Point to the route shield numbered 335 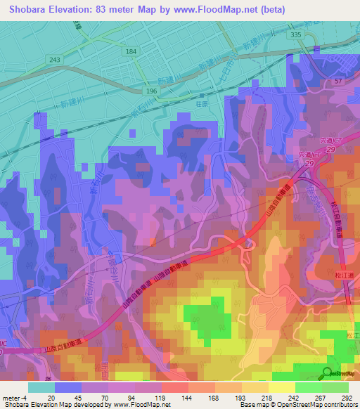(x=295, y=34)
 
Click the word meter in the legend (x=11, y=397)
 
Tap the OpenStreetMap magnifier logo (x=328, y=372)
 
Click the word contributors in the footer (x=339, y=405)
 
